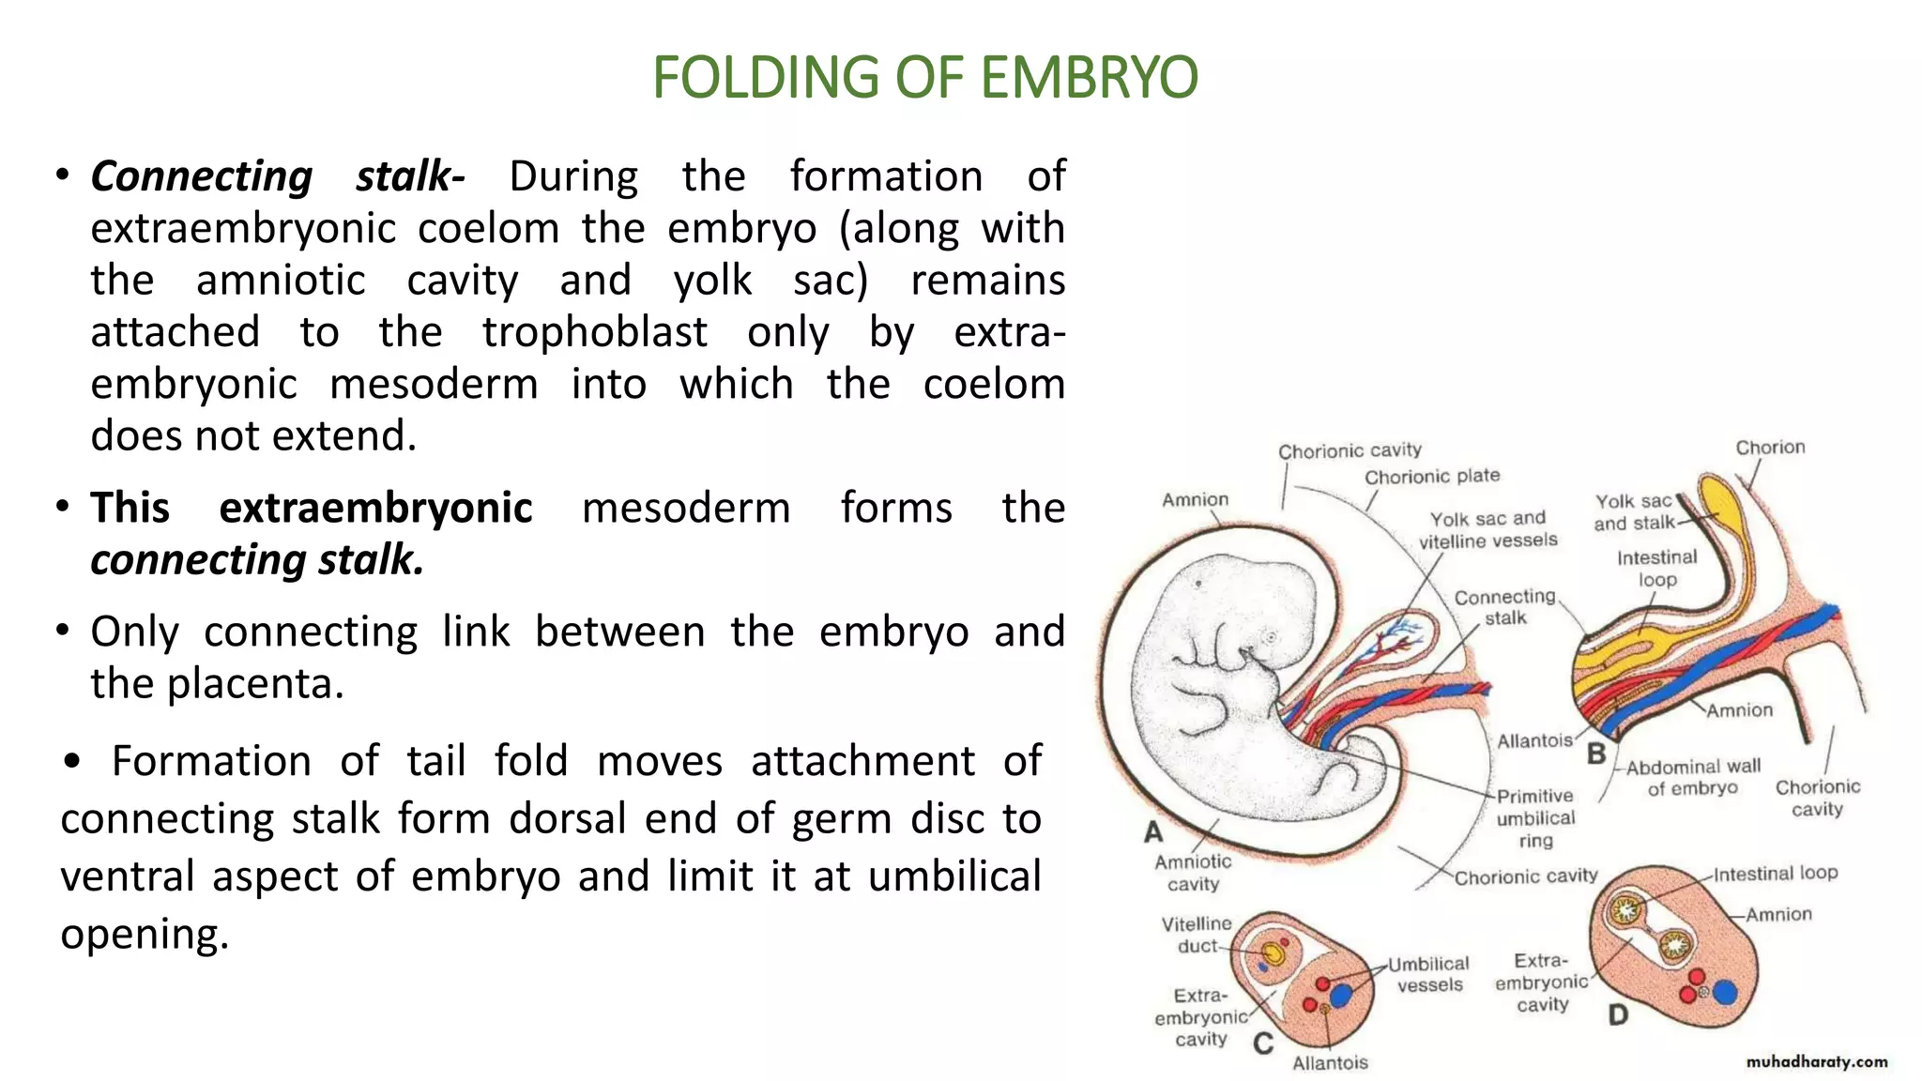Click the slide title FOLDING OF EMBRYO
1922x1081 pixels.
[924, 77]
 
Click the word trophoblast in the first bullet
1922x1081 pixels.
[594, 332]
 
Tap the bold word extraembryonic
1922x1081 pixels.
[375, 508]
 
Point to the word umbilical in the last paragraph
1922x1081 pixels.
[954, 876]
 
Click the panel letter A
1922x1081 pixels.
[1153, 831]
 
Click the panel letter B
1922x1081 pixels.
[1596, 754]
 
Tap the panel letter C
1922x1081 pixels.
[1263, 1043]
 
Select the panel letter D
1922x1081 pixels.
[1618, 1014]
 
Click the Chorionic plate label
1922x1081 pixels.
[1432, 477]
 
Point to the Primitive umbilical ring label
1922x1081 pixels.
[1535, 818]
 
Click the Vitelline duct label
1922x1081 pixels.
[1197, 935]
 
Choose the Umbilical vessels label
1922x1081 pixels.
[1429, 974]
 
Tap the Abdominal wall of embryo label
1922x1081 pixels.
[1693, 777]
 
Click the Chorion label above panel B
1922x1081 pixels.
[1770, 448]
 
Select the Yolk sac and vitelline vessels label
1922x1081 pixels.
[1487, 529]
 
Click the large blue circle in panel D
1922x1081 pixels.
[1725, 992]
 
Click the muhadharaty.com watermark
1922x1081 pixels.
[1817, 1061]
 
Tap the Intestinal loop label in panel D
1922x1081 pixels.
[1776, 874]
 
